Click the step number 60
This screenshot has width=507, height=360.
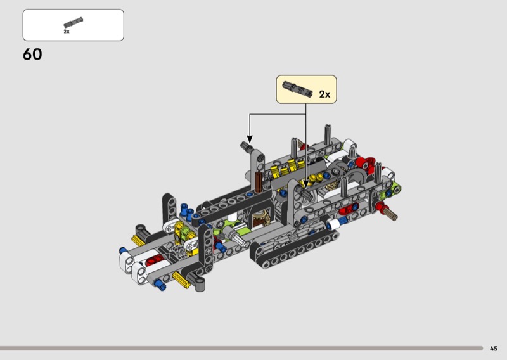point(32,54)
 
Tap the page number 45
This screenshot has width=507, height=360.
point(494,349)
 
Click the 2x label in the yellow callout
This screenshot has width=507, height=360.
point(324,94)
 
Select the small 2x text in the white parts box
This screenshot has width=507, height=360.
point(67,32)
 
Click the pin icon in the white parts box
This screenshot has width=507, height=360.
point(73,22)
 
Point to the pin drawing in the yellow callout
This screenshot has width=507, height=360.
point(297,89)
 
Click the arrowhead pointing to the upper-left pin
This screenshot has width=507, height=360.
point(249,139)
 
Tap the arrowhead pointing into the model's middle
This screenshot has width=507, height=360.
point(305,184)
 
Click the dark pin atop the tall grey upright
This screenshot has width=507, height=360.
point(247,147)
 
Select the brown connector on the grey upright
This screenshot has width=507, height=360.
point(259,182)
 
